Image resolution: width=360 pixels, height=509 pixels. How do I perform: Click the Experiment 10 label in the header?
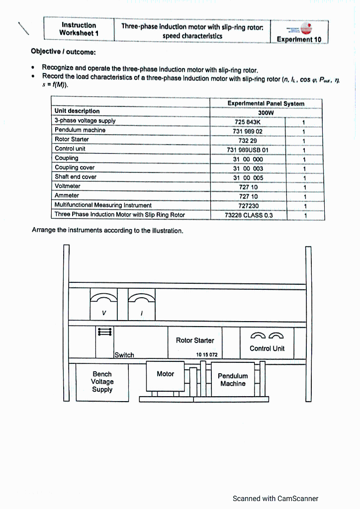tap(299, 39)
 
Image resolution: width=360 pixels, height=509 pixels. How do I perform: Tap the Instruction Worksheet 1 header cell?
tap(79, 29)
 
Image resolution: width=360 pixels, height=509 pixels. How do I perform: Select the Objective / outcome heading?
tap(63, 51)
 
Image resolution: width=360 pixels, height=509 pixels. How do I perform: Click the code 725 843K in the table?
tap(247, 121)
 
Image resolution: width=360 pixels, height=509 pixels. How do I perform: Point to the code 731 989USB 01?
tap(247, 150)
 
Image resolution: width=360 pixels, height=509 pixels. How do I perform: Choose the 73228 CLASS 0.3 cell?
tap(249, 215)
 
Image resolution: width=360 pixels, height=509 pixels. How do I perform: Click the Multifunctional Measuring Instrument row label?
tap(103, 205)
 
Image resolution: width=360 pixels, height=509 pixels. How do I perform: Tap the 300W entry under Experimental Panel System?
tap(266, 112)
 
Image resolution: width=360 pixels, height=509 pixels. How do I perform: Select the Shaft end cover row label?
tap(76, 177)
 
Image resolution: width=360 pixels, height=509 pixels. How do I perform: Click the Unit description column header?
tap(77, 111)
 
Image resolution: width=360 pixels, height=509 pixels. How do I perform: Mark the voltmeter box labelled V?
tap(103, 305)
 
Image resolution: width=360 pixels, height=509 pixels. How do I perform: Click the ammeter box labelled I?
tap(142, 305)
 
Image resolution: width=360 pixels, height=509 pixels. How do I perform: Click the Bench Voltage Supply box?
tap(102, 382)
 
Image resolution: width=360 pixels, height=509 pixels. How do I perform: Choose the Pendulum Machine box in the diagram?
tap(233, 380)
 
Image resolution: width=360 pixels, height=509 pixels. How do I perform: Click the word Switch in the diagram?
tap(124, 355)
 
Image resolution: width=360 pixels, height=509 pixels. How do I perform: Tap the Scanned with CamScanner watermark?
tap(275, 498)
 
